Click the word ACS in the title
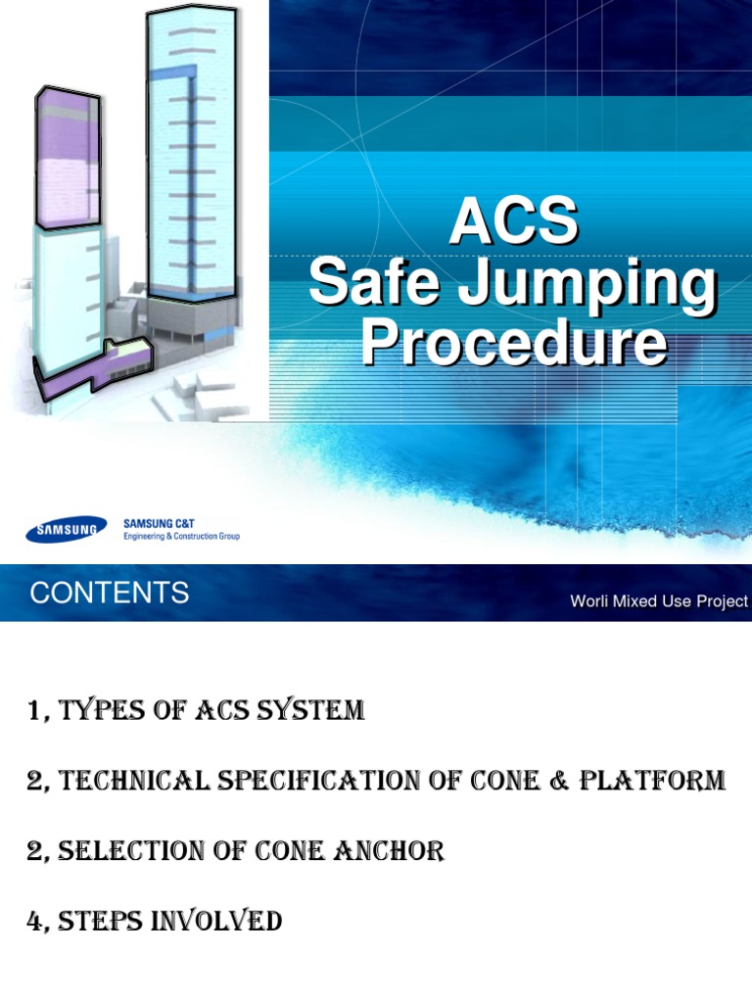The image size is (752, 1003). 513,221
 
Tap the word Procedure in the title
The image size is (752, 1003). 514,344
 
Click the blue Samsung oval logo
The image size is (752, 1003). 67,531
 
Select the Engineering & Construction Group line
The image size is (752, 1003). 181,537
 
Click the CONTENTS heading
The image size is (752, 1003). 109,594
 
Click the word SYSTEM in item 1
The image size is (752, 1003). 314,712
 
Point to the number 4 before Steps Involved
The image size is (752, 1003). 37,922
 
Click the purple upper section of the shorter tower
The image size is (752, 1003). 67,157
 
